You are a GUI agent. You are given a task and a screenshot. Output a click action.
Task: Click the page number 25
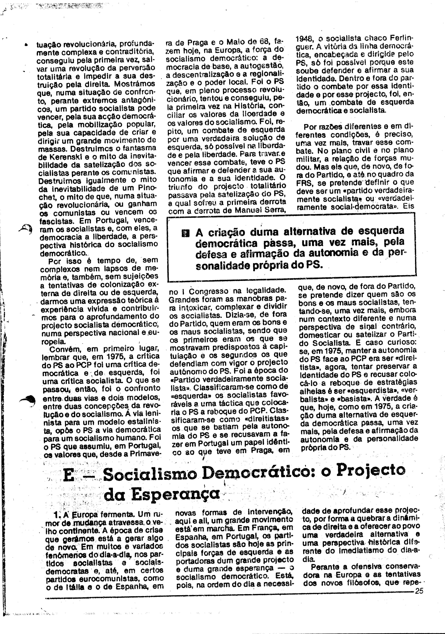pyautogui.click(x=419, y=591)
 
